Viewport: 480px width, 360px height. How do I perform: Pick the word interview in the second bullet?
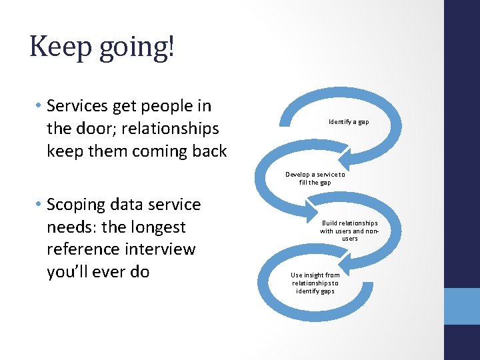point(162,249)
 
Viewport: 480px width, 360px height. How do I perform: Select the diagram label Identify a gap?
point(349,122)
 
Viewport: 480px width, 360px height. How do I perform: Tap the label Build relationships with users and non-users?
point(349,231)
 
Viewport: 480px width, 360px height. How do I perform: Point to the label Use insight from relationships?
point(315,283)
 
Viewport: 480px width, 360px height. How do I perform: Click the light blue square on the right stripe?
point(462,306)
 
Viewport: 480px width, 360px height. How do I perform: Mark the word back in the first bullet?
point(210,151)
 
